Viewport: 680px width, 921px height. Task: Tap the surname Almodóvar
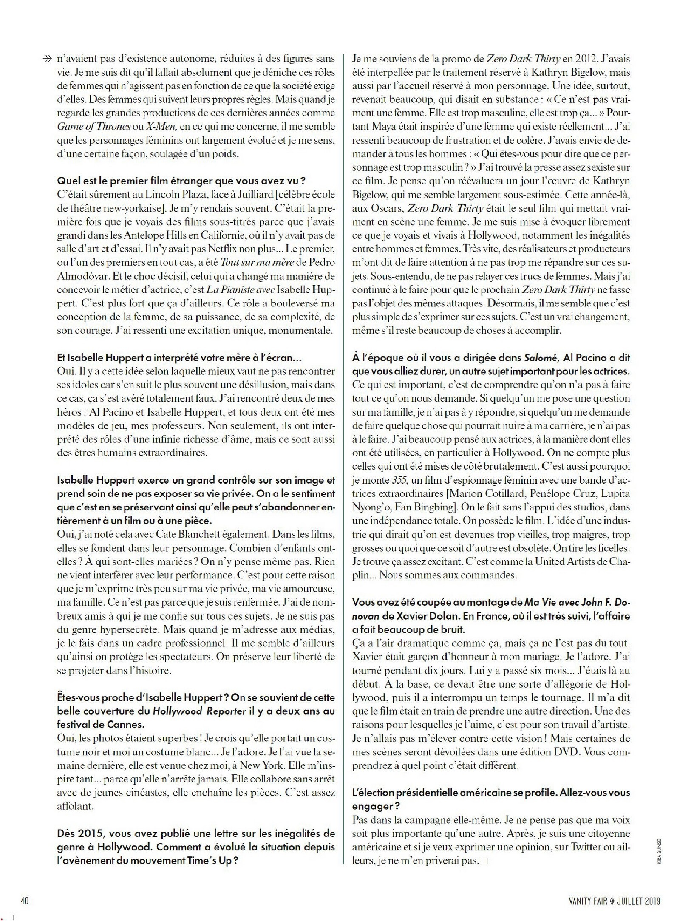(81, 275)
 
